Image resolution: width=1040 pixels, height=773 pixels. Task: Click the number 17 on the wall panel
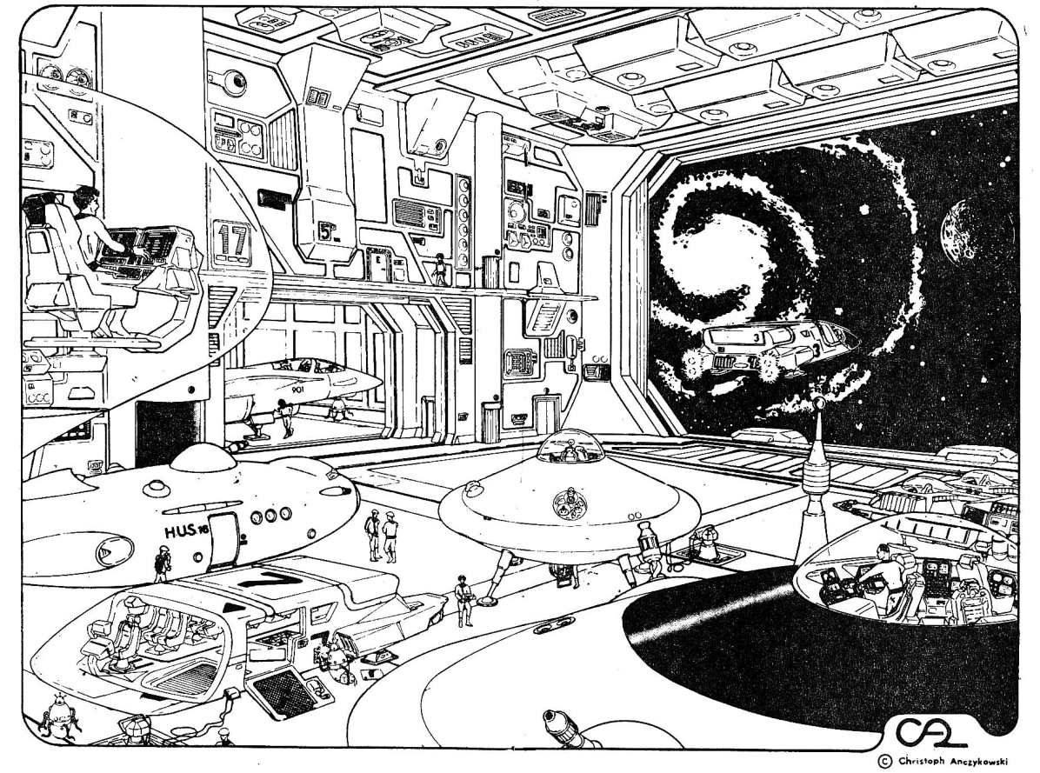coord(231,240)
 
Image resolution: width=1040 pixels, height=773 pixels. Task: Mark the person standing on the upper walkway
coord(440,270)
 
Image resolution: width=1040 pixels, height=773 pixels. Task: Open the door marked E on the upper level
coord(378,264)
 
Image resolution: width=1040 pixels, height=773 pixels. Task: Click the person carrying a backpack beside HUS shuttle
coord(161,563)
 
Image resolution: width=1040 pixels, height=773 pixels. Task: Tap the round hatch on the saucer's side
coord(570,502)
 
